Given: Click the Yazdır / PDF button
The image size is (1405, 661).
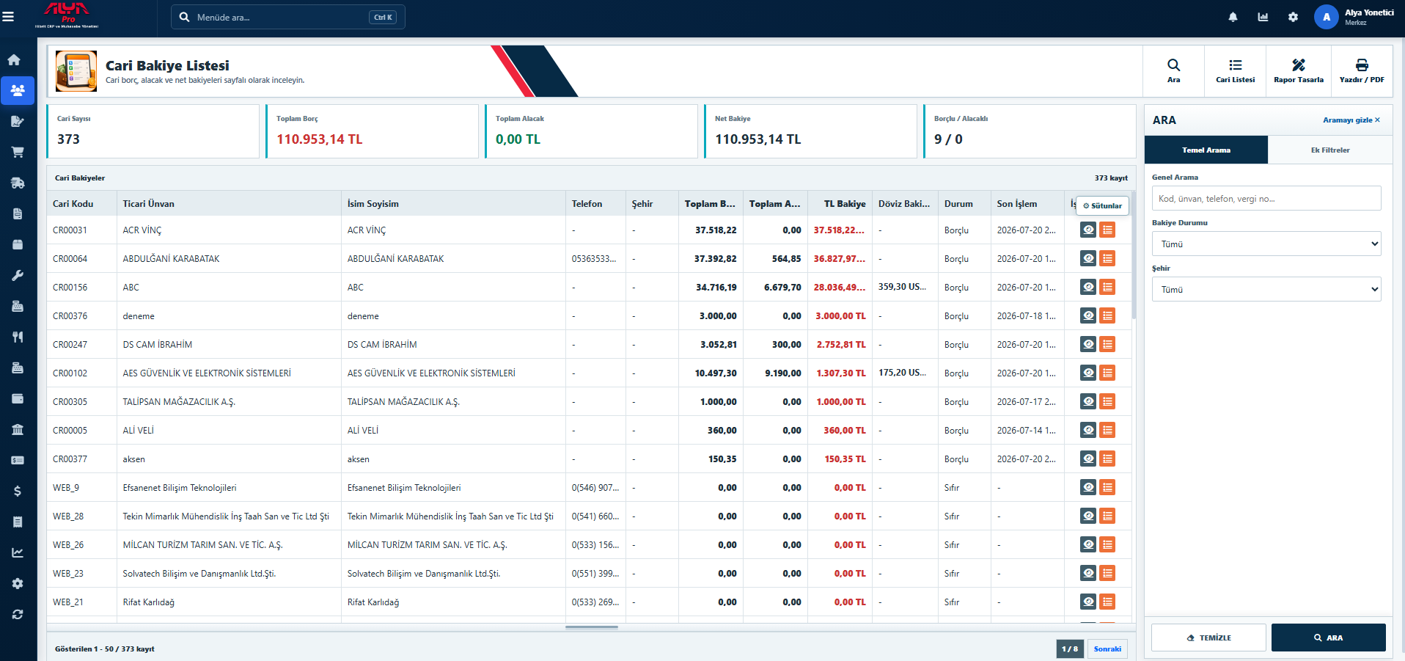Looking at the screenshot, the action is pos(1362,71).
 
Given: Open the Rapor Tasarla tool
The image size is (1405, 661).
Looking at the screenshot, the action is pos(1299,71).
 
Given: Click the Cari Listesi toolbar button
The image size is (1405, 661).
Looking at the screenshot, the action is pos(1235,71).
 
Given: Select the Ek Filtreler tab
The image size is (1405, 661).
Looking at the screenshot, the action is pos(1330,150).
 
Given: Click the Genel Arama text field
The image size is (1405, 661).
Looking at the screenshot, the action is pos(1266,198).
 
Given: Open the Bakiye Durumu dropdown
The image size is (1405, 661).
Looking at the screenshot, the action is pos(1266,244).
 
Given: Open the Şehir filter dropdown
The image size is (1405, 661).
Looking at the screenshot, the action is pos(1266,289).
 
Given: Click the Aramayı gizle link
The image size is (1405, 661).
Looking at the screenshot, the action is pos(1351,120).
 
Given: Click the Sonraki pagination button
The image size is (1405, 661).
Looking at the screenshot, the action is pos(1107,649).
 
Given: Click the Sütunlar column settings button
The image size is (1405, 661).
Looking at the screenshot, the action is pos(1103,206).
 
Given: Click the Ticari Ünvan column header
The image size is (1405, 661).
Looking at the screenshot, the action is pos(149,204).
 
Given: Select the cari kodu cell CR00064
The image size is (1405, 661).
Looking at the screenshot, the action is pos(70,259).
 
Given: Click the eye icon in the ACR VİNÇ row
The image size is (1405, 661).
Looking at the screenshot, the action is pos(1088,230).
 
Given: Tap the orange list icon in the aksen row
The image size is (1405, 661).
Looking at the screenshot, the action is pos(1107,459).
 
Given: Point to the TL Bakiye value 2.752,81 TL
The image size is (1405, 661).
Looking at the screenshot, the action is pos(841,345).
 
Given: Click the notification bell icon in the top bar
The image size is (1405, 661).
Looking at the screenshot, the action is pos(1233,17).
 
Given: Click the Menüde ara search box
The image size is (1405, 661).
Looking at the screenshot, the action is pos(288,17).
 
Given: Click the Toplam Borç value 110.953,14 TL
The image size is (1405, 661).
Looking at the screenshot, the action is pos(320,139).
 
